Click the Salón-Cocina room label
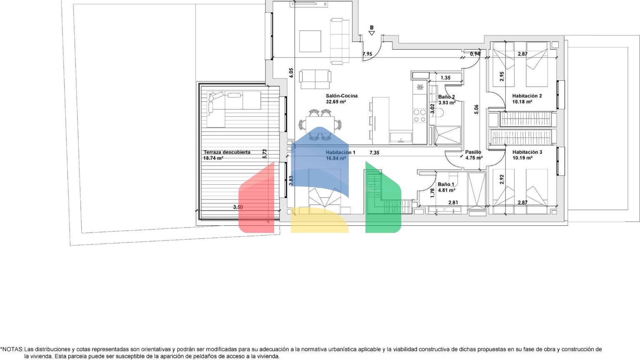[x=342, y=96]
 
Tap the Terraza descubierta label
[x=227, y=152]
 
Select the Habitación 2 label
[x=527, y=96]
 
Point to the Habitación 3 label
[x=527, y=152]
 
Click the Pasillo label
[x=473, y=152]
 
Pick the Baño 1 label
[x=446, y=185]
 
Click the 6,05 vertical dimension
[x=291, y=72]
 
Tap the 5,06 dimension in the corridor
[x=476, y=110]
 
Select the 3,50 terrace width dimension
[x=238, y=207]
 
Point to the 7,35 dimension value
[x=374, y=153]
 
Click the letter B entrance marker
[x=371, y=28]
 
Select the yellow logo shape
[x=320, y=220]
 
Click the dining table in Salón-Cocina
[x=320, y=125]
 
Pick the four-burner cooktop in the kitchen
[x=420, y=116]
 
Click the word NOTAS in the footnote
[x=12, y=349]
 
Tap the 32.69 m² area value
[x=336, y=102]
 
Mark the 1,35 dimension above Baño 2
[x=445, y=78]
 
